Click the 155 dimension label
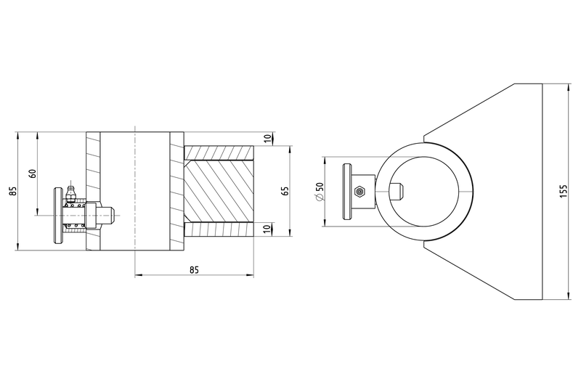tap(564, 191)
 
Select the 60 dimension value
tap(33, 174)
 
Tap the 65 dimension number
tap(285, 191)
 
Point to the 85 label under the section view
tap(194, 269)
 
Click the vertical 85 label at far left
tap(13, 191)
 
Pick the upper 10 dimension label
tap(267, 139)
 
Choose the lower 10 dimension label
tap(267, 229)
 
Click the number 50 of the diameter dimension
tap(320, 187)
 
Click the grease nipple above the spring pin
tap(70, 192)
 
